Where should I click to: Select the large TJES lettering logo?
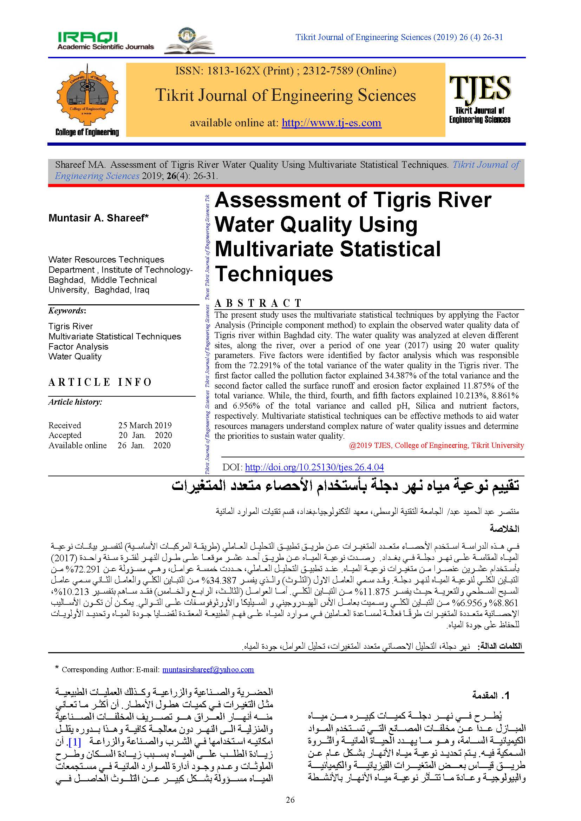[480, 88]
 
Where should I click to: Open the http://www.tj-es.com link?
[331, 123]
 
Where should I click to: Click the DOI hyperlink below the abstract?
[314, 467]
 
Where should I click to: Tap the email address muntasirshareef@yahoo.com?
[208, 669]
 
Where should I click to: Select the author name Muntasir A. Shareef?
[98, 218]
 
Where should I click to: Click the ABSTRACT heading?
[258, 303]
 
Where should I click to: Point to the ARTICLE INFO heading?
[100, 382]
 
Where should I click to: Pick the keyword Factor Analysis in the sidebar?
[78, 346]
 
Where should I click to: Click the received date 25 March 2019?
[145, 425]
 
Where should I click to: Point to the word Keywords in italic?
[66, 311]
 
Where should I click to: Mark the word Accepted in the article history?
[65, 435]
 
